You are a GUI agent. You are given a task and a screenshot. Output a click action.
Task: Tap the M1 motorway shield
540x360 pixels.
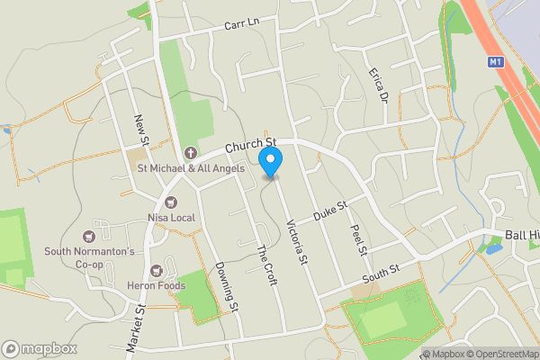tap(496, 62)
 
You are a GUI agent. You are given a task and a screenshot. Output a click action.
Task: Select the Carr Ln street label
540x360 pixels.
tap(242, 23)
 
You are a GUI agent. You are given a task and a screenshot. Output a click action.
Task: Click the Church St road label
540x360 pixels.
tap(249, 145)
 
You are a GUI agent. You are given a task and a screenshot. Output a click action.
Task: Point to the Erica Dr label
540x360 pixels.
tap(377, 83)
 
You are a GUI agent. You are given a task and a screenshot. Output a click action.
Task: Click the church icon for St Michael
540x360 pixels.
tap(190, 152)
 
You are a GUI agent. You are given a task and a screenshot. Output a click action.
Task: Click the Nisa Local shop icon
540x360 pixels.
tap(168, 203)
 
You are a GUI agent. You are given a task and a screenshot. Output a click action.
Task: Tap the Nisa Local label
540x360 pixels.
tap(171, 218)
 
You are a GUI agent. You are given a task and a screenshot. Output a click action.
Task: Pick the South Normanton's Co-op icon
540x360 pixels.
tap(89, 236)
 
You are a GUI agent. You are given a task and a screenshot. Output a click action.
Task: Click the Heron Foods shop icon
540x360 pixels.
tap(156, 270)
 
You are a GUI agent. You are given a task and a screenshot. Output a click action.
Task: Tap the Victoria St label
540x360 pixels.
tap(297, 242)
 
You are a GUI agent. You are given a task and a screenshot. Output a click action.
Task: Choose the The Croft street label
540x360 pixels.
tap(266, 265)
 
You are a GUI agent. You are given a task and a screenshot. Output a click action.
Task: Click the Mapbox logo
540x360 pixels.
tap(38, 348)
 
